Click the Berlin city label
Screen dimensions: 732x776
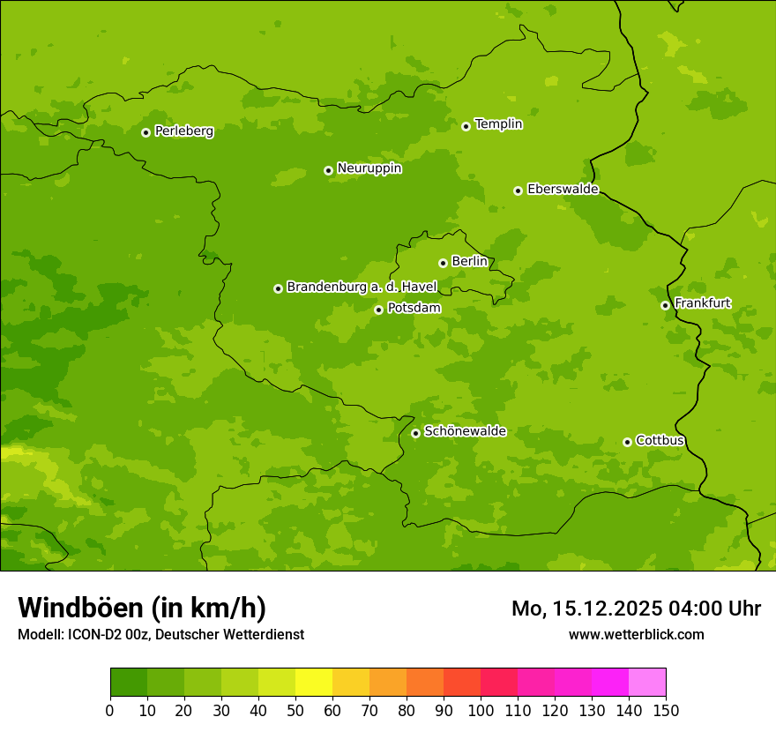469,262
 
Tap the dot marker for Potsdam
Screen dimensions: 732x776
378,310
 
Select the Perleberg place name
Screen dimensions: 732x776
183,131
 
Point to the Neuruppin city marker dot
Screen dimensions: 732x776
328,170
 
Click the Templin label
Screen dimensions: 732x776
498,124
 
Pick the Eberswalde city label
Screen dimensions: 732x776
563,190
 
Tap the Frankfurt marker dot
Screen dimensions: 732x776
665,305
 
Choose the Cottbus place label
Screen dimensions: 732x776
660,441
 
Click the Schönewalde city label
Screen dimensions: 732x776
465,431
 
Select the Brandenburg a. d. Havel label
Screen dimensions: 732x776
362,288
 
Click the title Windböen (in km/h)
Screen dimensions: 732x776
142,608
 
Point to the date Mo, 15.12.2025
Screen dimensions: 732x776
583,609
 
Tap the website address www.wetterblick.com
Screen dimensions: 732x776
636,634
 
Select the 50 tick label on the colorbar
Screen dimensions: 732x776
295,710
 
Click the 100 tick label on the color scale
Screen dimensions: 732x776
481,710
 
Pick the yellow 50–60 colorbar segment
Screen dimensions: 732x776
314,683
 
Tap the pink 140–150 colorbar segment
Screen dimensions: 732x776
647,683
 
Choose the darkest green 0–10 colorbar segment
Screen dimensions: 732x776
129,683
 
